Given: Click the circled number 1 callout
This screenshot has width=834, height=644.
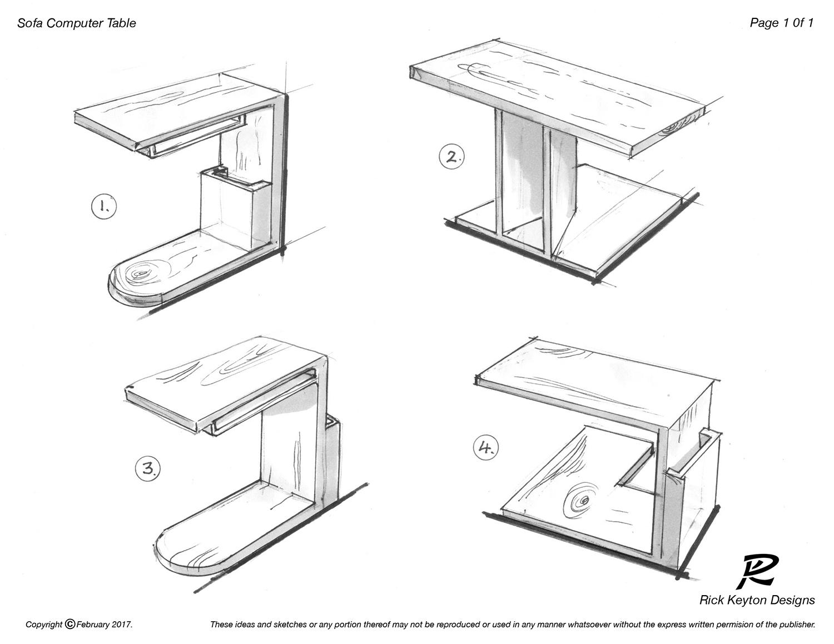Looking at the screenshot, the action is pos(104,207).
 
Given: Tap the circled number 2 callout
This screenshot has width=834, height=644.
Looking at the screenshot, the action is pos(452,157).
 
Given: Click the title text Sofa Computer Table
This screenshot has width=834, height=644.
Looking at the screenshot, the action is pos(77,23).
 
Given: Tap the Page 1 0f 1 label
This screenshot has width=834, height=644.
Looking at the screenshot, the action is pos(781,23).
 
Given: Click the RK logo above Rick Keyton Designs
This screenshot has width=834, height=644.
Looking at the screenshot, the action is pos(757,572).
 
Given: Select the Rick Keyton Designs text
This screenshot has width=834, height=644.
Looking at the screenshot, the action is pos(757,600).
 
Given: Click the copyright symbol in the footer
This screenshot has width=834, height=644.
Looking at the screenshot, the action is pos(70,624).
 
